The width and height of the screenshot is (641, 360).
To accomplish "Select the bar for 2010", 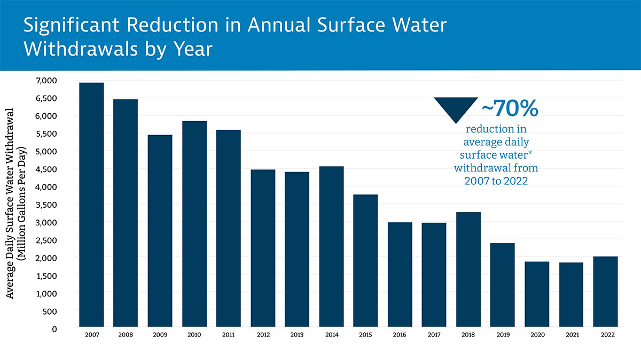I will [x=194, y=224].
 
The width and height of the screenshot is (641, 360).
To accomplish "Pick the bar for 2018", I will [x=468, y=269].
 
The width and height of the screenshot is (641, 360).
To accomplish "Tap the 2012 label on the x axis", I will [x=263, y=335].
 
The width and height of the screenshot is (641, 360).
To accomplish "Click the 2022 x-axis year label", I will [x=606, y=335].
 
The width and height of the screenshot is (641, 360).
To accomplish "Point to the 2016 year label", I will [x=400, y=335].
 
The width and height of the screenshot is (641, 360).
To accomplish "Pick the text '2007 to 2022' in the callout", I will [x=496, y=181].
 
